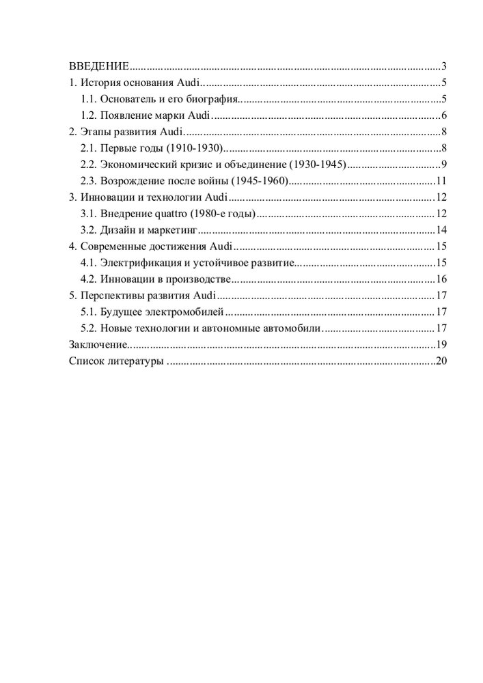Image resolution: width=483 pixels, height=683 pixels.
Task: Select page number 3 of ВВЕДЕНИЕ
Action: (443, 66)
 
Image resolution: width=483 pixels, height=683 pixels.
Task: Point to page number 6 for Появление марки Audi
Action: (443, 115)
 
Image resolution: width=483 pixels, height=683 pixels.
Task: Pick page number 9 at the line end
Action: (443, 165)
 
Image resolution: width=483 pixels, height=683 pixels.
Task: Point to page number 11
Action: (441, 181)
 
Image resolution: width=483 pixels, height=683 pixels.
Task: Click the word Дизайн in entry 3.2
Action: (120, 230)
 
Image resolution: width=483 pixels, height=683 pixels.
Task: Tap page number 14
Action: (441, 230)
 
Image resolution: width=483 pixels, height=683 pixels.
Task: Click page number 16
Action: (441, 279)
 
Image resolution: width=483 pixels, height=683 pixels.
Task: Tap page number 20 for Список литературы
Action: (441, 361)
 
